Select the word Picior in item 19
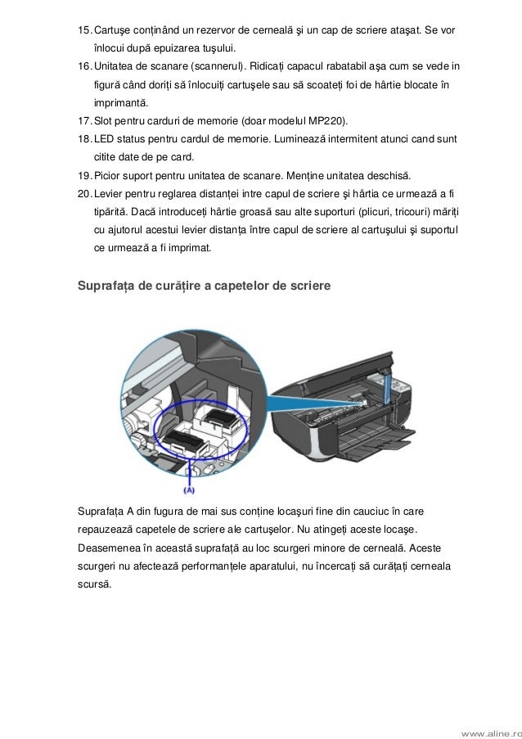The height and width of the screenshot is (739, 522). tap(110, 175)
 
